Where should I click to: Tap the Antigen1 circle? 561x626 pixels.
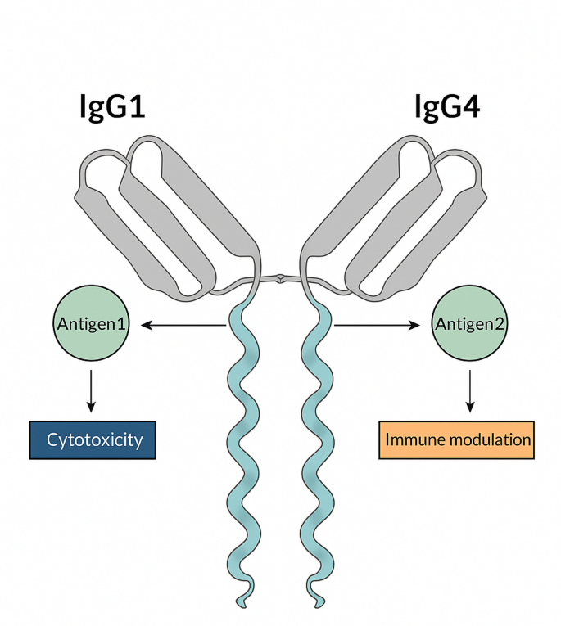92,325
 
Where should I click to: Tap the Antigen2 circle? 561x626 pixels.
470,325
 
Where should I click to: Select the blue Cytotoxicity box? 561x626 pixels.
92,440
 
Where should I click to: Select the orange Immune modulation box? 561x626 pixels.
457,440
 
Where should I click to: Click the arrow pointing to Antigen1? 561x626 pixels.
184,325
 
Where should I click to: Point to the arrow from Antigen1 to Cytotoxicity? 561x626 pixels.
92,390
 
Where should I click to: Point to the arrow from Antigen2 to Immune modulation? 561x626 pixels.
470,390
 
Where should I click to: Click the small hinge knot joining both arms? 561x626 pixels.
281,278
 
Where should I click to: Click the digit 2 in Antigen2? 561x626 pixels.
500,325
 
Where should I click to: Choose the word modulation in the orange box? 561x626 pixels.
487,440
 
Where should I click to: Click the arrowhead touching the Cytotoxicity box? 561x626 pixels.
92,408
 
